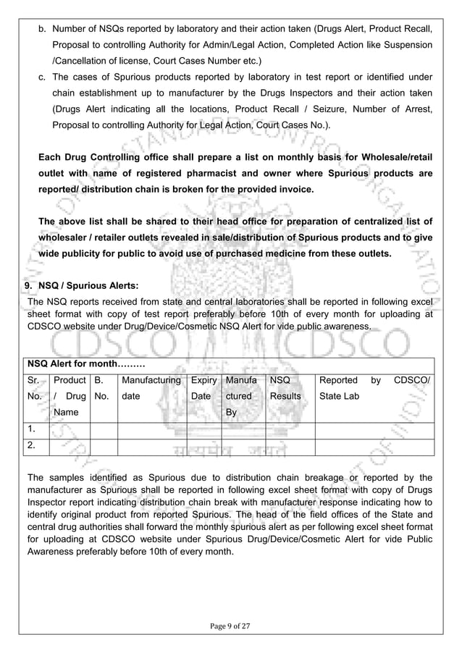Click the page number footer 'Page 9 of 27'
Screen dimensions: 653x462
coord(230,625)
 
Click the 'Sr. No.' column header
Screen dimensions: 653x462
coord(34,388)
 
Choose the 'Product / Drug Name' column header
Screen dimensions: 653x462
coord(70,396)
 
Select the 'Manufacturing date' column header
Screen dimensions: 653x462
coord(151,388)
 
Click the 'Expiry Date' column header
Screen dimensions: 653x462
coord(203,388)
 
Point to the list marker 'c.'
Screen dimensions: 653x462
coord(42,77)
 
